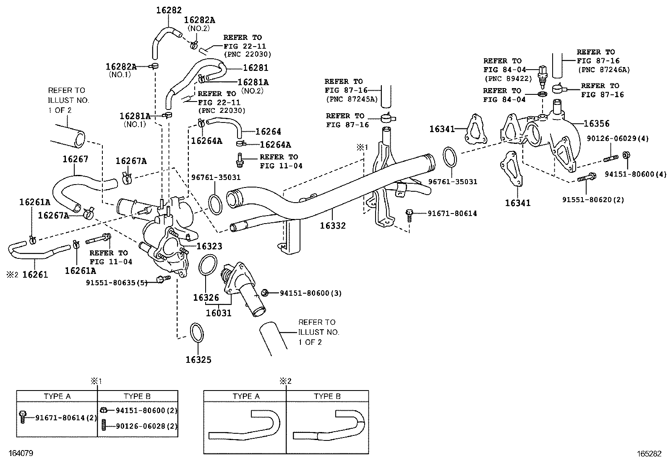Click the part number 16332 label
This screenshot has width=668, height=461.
333,226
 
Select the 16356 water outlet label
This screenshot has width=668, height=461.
596,124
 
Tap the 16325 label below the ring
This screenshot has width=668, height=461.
198,359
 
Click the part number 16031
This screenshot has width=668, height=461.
219,313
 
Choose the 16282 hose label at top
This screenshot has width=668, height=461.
169,10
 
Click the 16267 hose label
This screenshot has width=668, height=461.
76,159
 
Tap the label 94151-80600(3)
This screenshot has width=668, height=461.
311,293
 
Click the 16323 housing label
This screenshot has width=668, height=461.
209,246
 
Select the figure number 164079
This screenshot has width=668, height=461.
21,453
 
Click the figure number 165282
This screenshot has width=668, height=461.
649,453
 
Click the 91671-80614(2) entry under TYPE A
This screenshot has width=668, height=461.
66,417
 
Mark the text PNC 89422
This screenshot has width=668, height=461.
508,78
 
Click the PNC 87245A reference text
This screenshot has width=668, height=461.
352,99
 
